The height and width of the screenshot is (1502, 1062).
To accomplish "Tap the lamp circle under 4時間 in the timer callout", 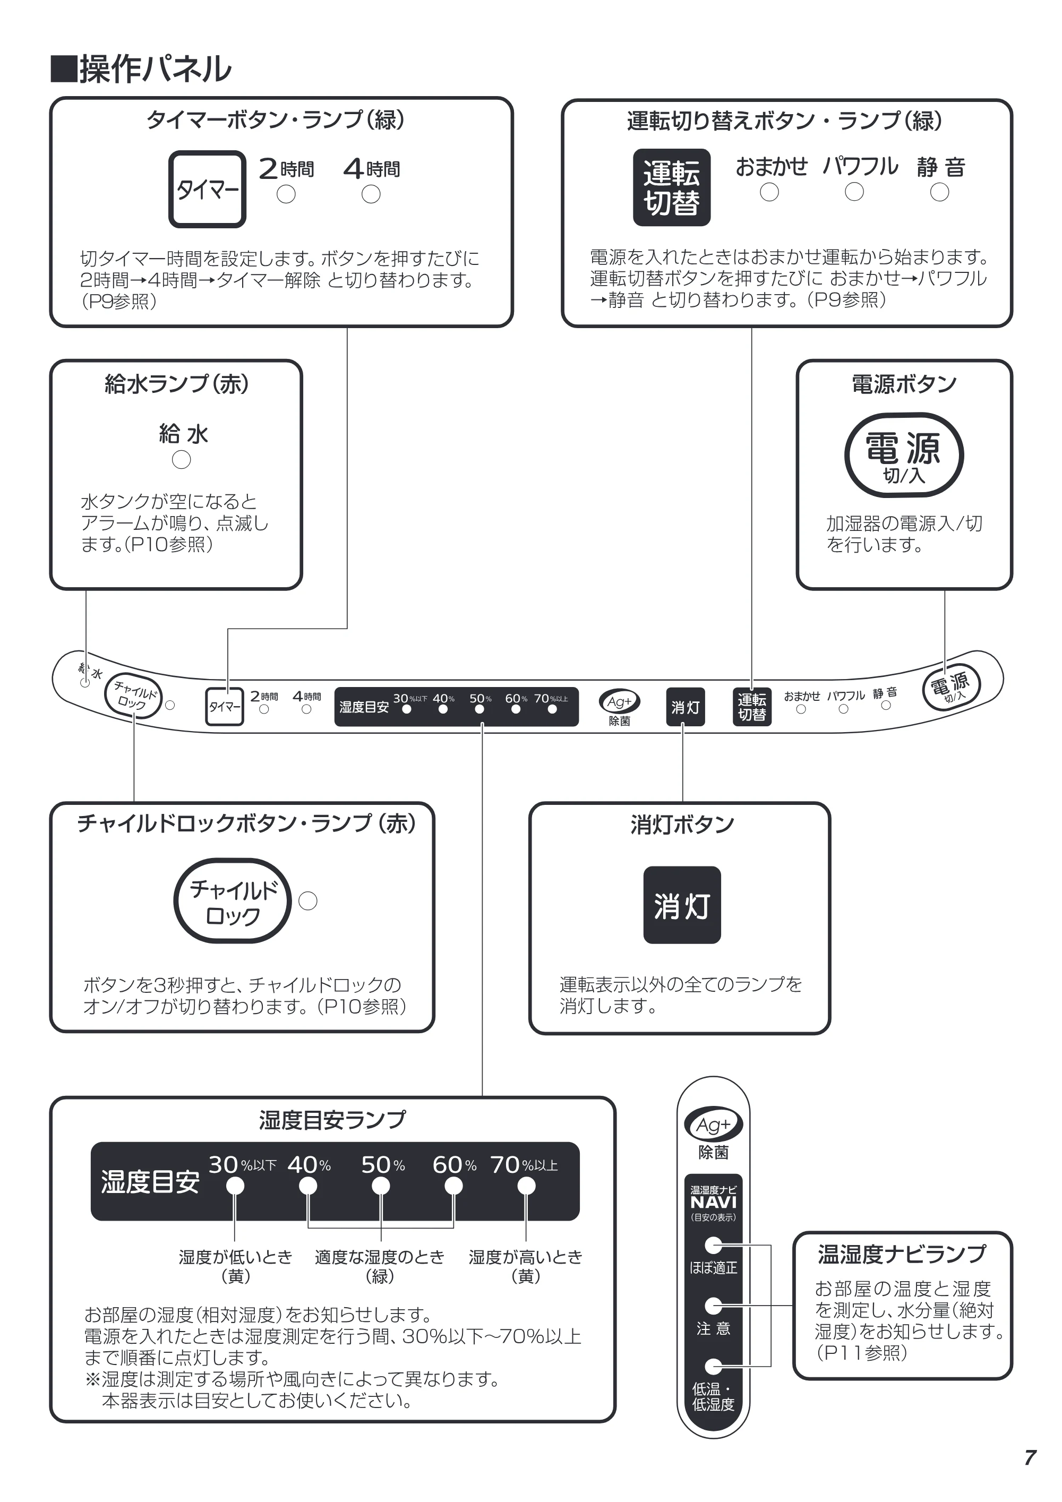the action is pos(371,194).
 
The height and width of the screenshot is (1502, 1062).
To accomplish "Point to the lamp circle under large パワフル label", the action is pos(854,192).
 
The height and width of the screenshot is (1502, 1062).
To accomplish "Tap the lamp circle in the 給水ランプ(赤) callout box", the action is pos(181,460).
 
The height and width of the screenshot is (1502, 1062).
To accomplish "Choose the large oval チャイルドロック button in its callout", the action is pos(232,901).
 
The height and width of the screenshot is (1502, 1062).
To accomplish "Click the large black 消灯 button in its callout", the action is pos(682,905).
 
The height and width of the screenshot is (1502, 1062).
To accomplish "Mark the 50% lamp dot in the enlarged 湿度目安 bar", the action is pos(381,1186).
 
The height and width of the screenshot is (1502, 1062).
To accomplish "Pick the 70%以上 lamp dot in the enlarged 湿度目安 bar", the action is pos(526,1186).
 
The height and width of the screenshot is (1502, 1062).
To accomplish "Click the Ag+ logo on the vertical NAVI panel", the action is pos(713,1125).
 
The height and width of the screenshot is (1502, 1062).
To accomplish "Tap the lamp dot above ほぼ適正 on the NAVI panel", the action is pos(713,1245).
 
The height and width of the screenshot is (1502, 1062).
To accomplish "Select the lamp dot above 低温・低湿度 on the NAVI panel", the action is pos(713,1367).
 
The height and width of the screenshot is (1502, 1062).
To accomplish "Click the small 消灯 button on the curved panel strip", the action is pos(685,707).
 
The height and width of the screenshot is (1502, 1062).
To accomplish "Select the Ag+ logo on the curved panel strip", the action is pos(619,702).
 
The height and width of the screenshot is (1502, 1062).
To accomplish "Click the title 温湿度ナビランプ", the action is pos(902,1254).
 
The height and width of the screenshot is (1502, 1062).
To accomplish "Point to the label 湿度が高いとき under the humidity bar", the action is pos(526,1257).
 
